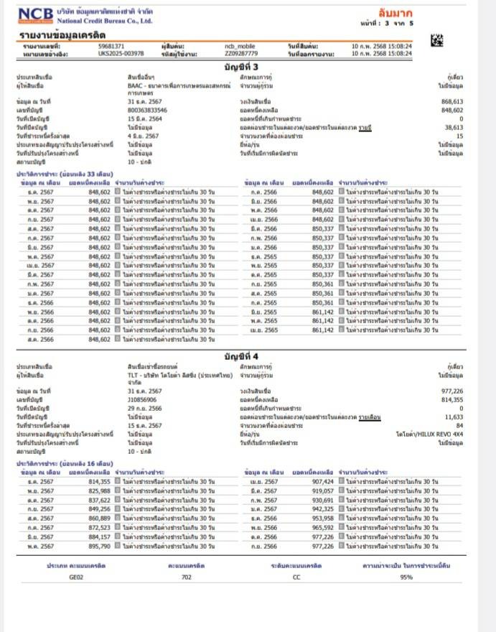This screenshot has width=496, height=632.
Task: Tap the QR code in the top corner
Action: click(x=436, y=41)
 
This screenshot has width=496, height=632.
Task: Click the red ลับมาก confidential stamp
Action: click(x=396, y=12)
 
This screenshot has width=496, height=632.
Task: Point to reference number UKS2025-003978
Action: click(x=121, y=53)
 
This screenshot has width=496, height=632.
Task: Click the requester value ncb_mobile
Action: click(x=239, y=46)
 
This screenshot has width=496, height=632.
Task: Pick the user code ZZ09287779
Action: click(x=240, y=53)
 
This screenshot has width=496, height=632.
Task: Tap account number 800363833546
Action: click(x=147, y=110)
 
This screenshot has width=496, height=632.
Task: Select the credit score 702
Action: click(x=186, y=577)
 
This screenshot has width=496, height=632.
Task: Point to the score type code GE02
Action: click(x=76, y=577)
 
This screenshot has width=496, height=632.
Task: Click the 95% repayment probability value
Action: click(x=406, y=577)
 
